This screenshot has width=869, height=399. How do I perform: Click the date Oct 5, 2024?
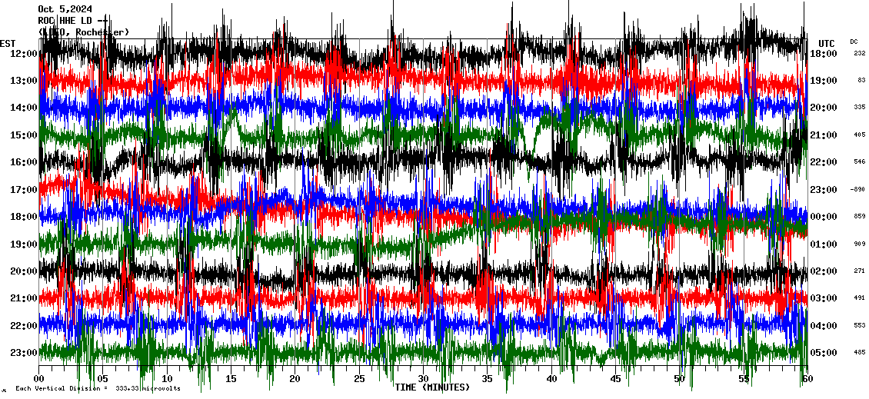(64, 9)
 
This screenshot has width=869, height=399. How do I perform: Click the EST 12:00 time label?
(24, 53)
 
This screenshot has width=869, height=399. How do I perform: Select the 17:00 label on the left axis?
(24, 189)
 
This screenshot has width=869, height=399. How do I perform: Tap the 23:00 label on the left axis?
(24, 353)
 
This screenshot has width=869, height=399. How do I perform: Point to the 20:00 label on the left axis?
(24, 271)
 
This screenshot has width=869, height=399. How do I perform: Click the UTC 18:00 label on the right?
(823, 53)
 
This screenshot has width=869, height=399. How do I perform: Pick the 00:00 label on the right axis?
(823, 217)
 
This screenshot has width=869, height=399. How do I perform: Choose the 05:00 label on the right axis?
(823, 353)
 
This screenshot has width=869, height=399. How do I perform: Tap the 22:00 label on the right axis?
(823, 162)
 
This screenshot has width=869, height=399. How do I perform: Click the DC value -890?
(857, 189)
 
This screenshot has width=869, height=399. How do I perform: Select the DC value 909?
(859, 244)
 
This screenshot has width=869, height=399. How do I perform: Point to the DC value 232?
(859, 53)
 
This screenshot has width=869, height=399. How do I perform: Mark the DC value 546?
(859, 162)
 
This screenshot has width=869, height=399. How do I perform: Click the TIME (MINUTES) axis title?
(431, 387)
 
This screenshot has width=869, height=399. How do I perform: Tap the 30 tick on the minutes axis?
(423, 379)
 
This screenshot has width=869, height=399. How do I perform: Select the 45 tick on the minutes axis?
(615, 379)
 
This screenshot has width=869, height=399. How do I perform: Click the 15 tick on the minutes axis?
(231, 379)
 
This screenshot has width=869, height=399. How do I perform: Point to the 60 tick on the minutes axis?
(807, 379)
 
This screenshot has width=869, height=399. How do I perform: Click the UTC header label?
(826, 43)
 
